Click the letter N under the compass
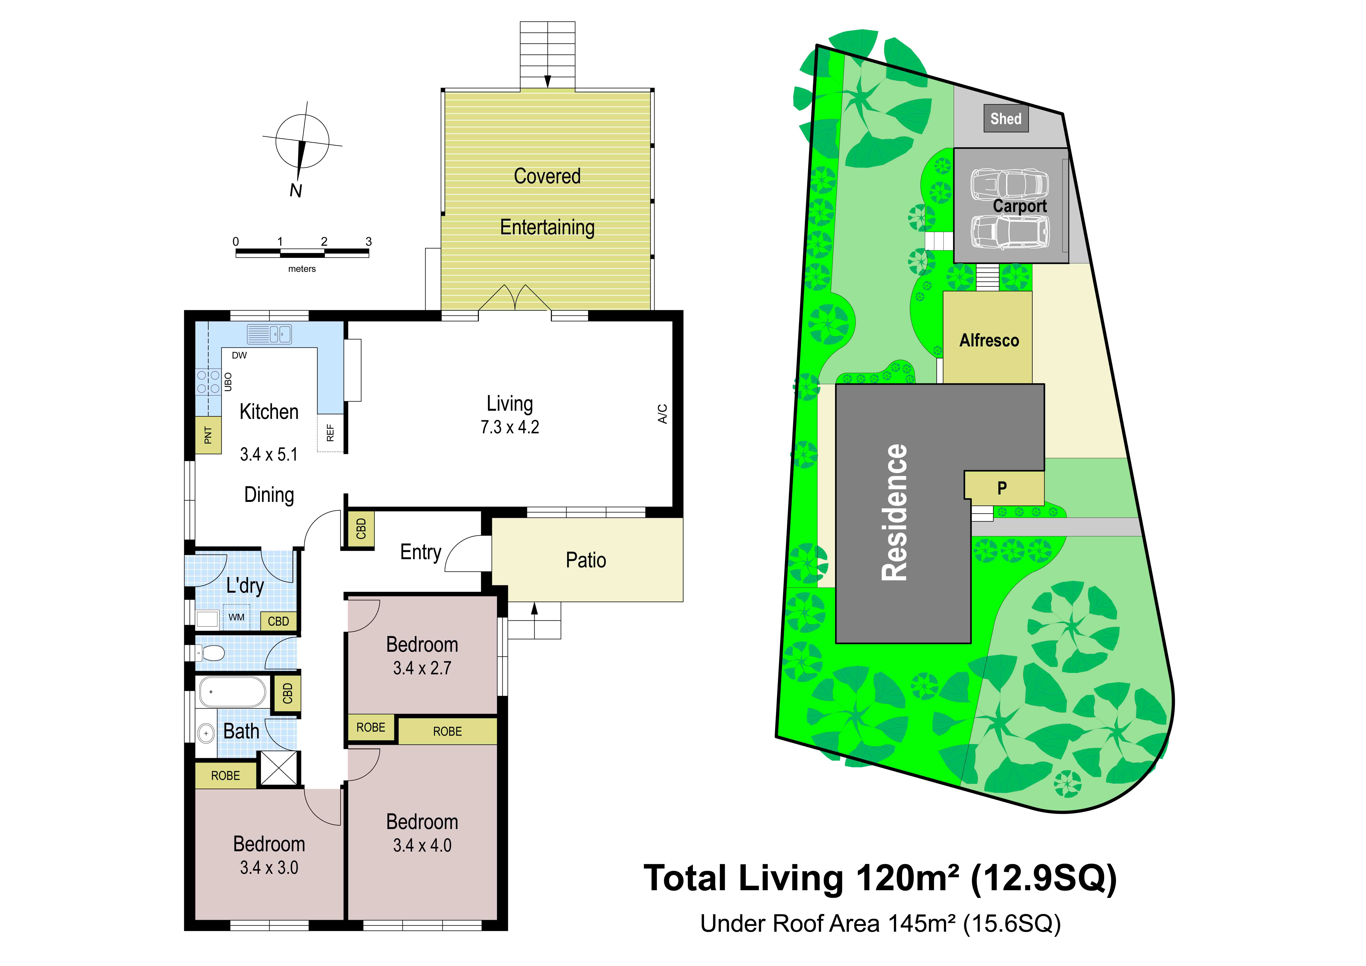pyautogui.click(x=296, y=191)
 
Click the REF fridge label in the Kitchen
pyautogui.click(x=330, y=433)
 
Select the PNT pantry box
pyautogui.click(x=208, y=436)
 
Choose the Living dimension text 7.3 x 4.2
pyautogui.click(x=510, y=427)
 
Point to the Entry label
pyautogui.click(x=421, y=552)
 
